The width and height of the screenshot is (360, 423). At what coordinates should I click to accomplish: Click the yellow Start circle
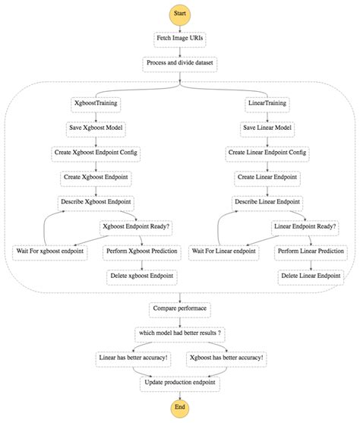click(x=180, y=13)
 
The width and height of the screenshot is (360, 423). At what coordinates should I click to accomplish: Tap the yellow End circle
click(x=180, y=408)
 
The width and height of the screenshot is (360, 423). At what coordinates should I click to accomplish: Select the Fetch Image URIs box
click(x=180, y=38)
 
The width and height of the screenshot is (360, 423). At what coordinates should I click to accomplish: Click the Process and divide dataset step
click(x=180, y=63)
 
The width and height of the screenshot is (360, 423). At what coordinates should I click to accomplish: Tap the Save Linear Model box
click(x=267, y=129)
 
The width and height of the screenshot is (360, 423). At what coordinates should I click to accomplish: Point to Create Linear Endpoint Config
click(x=267, y=153)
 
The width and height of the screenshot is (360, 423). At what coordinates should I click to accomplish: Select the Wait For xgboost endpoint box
click(x=49, y=250)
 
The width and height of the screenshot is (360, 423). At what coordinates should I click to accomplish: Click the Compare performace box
click(x=180, y=309)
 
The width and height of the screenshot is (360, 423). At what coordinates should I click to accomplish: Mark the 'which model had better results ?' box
click(x=180, y=333)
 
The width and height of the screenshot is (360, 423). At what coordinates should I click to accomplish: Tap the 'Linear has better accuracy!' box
click(x=134, y=357)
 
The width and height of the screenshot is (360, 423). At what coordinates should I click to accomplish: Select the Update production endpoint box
click(x=180, y=381)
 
